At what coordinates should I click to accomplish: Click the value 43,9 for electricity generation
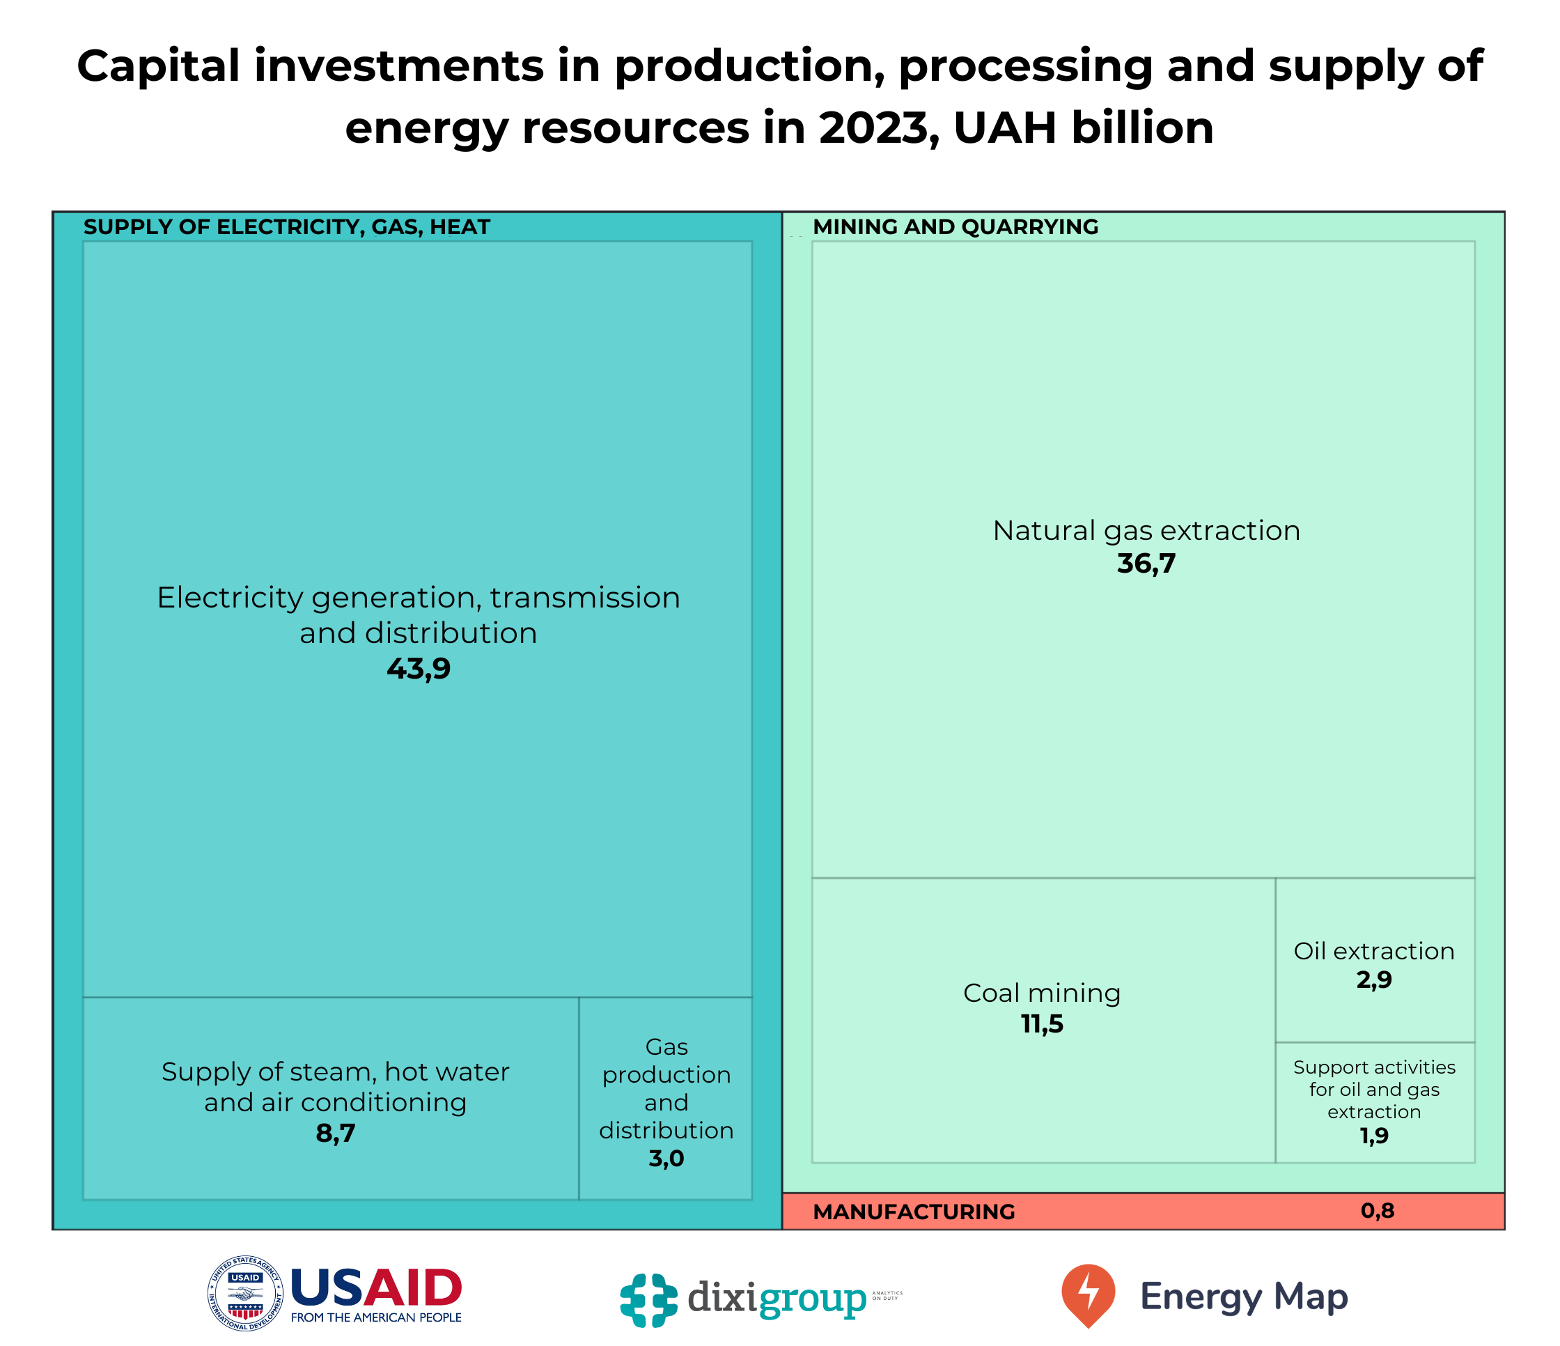[419, 669]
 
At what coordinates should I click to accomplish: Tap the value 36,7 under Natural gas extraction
[1146, 564]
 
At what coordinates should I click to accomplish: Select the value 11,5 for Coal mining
[1042, 1024]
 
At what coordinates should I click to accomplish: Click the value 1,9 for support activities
[1374, 1136]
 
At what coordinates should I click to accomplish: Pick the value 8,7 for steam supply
[336, 1134]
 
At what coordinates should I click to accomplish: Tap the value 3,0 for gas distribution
[666, 1159]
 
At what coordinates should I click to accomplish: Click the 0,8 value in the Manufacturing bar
[1378, 1211]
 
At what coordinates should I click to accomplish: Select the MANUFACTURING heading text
[914, 1212]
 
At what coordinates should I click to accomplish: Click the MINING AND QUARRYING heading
[955, 226]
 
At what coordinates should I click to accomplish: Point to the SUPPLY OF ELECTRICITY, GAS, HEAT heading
[287, 226]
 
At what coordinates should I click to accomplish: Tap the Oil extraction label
[1374, 951]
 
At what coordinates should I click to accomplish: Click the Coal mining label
[1042, 993]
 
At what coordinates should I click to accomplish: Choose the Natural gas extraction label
[1146, 531]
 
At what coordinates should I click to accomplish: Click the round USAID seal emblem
[245, 1293]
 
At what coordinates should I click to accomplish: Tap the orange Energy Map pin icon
[1088, 1294]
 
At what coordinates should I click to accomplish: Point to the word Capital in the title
[159, 66]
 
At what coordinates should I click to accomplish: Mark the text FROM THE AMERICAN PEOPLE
[377, 1317]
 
